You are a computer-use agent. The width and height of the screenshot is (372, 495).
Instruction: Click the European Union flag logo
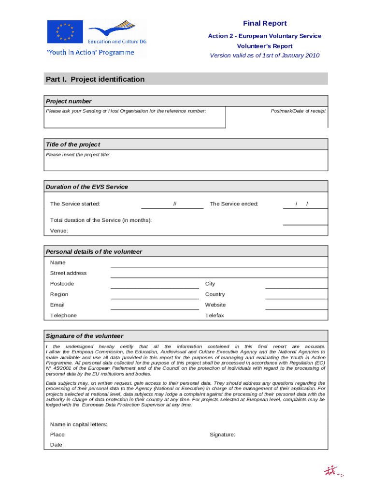coord(65,32)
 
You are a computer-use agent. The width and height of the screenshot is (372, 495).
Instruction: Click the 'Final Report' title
coord(264,23)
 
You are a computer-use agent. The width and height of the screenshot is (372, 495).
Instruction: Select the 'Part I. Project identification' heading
coord(95,79)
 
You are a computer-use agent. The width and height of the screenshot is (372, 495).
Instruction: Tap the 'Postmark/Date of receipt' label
coord(298,111)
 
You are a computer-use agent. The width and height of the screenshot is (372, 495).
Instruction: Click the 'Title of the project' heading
coord(73,145)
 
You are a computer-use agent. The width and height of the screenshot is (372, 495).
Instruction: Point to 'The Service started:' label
coord(75,204)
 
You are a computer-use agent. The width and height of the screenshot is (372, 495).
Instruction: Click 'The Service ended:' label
coord(234,204)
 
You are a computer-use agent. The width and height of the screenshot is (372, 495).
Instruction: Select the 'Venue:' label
coord(59,231)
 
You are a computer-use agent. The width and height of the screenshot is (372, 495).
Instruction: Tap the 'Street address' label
coord(68,273)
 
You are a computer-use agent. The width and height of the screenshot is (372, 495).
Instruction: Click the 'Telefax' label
coord(215,316)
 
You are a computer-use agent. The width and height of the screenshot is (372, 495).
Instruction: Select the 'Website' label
coord(215,305)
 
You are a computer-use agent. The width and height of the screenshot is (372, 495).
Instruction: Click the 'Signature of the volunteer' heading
coord(85,336)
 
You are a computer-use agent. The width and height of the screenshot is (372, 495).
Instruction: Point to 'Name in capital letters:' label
coord(78,424)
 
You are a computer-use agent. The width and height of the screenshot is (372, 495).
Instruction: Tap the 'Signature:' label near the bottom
coord(222,435)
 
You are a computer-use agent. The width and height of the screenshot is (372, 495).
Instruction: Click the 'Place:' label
coord(58,435)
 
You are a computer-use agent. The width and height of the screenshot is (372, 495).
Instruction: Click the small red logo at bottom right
coord(333,471)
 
